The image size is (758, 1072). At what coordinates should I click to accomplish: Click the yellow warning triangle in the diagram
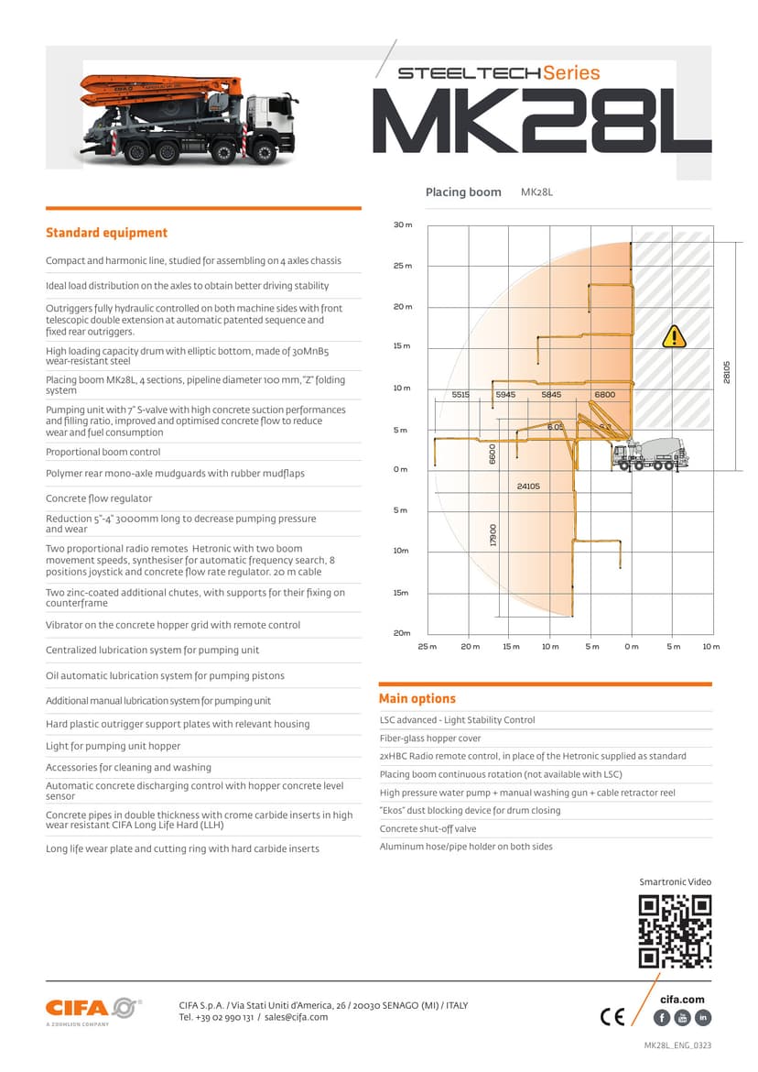(673, 336)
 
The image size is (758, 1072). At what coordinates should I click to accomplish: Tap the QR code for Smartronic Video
(675, 931)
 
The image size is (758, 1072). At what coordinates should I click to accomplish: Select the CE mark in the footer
(612, 1017)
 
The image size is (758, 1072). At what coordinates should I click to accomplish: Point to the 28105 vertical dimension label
(727, 372)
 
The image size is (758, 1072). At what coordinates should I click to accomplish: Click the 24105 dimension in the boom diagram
(528, 487)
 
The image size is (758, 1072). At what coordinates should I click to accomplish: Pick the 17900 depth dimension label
(493, 536)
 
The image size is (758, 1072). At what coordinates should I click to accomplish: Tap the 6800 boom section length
(604, 394)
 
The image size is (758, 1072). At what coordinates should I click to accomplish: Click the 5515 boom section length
(460, 394)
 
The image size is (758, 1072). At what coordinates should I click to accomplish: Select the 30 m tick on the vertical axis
(403, 224)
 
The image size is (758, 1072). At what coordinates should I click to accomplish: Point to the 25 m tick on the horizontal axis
(428, 647)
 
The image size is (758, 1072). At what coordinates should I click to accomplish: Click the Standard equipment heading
(106, 233)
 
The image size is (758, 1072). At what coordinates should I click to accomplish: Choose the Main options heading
(417, 698)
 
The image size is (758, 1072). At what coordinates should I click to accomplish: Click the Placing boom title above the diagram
(463, 192)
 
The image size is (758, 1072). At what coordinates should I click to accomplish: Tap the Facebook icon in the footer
(662, 1018)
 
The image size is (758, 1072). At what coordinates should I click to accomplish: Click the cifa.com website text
(682, 1000)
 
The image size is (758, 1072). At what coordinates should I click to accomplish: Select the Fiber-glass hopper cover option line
(430, 738)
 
